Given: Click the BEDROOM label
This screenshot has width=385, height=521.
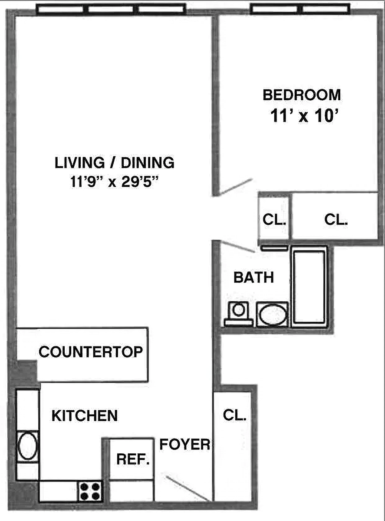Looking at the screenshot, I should coord(302,94).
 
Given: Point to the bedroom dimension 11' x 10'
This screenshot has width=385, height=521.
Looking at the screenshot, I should coord(304,116).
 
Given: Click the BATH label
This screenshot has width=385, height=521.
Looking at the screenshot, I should coord(253,277).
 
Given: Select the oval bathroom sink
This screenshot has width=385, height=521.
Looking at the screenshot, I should coord(272,314).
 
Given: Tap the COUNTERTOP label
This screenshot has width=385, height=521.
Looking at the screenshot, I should coord(91,352).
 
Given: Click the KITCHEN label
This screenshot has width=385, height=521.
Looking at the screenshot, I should coord(85,415).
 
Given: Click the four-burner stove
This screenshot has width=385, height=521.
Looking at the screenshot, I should coord(90,491).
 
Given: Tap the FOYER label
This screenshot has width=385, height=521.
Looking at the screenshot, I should coord(185,444).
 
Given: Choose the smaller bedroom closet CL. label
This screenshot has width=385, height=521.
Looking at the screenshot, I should coord(274,220).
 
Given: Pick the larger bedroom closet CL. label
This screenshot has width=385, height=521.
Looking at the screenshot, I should coord(336,220).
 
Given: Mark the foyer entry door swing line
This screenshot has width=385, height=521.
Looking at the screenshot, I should coord(188,488).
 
